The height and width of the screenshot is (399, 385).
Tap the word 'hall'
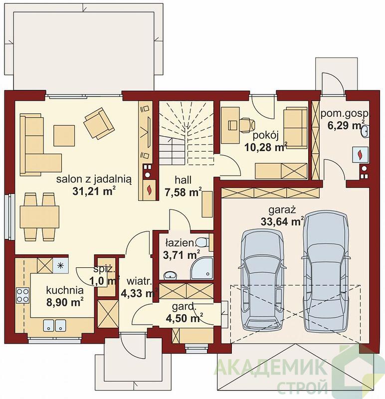183,180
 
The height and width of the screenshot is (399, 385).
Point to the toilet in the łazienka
202,242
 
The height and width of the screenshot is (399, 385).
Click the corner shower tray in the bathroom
202,268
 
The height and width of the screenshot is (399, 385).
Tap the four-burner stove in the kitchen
22,295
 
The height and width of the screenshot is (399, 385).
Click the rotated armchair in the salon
99,123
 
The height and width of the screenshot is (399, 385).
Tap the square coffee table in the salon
64,135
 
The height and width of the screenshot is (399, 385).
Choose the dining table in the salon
39,217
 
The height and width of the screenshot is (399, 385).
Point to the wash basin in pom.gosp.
365,131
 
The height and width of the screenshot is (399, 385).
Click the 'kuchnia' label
65,290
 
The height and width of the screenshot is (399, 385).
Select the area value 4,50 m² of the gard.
184,318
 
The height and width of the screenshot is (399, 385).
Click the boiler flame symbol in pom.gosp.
360,155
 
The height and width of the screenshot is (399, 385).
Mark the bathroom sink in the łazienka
170,275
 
